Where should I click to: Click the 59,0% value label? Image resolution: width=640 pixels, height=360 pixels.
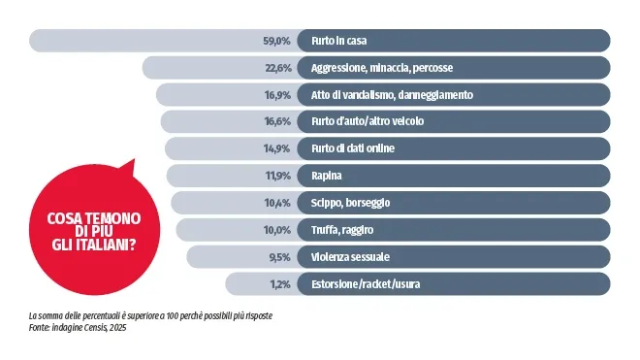point(276,42)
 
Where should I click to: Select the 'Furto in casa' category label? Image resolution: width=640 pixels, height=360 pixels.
point(338,42)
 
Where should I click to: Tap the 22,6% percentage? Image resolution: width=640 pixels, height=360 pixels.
point(276,69)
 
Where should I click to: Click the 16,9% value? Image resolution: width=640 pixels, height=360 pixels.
point(276,95)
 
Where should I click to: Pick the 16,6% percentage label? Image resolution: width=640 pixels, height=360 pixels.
point(276,122)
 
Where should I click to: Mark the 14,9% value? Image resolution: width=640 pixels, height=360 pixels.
point(276,148)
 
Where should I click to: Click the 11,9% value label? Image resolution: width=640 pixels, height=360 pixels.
point(276,176)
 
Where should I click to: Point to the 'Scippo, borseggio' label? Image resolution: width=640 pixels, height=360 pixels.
point(351,203)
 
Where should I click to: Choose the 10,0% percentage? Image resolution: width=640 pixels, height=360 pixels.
point(276,230)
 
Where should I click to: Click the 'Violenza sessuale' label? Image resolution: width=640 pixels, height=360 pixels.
point(350,256)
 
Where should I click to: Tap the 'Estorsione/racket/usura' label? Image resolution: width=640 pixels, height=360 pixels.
point(366,283)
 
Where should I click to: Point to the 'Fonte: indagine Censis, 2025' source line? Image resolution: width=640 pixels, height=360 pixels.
point(79,328)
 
